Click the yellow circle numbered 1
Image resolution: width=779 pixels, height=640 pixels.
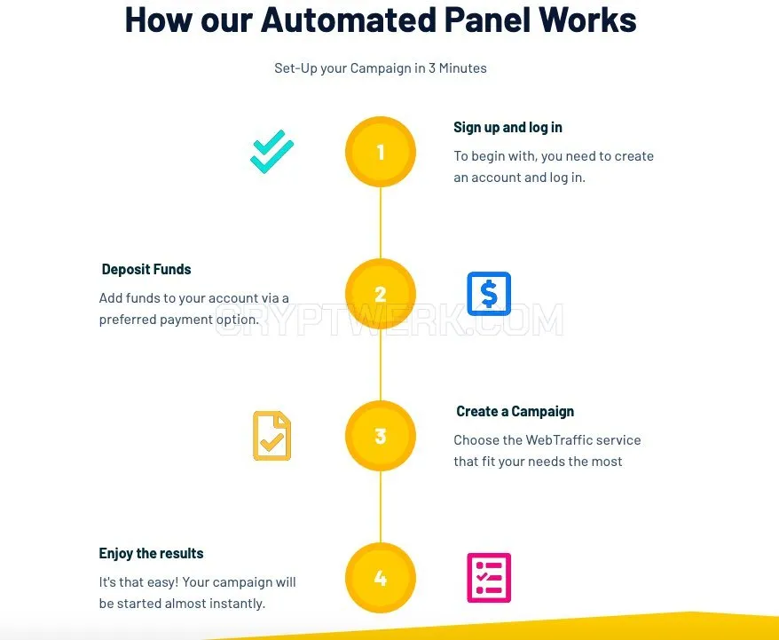tap(381, 152)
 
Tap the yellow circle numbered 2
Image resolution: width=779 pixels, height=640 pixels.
tap(381, 294)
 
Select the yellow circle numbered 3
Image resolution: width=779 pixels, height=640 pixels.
tap(381, 436)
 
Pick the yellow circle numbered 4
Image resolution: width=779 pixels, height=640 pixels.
tap(381, 578)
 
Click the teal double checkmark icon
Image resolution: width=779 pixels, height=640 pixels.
tap(271, 152)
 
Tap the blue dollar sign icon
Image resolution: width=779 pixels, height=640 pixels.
tap(489, 294)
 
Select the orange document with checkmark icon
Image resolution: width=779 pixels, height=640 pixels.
tap(271, 436)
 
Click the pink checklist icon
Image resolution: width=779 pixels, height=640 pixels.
tap(489, 578)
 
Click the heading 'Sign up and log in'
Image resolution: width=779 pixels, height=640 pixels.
tap(508, 128)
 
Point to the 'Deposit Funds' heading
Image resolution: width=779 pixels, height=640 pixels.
tap(146, 269)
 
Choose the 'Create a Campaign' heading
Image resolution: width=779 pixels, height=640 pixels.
tap(515, 412)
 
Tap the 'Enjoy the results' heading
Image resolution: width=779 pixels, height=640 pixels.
tap(151, 554)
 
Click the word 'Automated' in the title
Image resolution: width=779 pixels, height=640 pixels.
tap(349, 20)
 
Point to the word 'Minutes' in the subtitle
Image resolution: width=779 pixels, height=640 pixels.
tap(462, 68)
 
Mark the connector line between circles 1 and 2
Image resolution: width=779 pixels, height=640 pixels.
tap(381, 223)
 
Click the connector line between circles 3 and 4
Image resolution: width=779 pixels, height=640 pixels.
tap(381, 507)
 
